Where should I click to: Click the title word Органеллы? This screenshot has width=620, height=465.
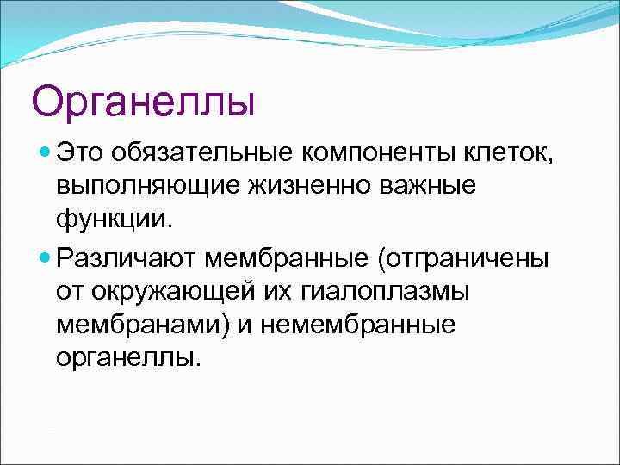click(x=144, y=101)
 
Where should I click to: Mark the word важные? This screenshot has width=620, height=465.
click(x=426, y=188)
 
